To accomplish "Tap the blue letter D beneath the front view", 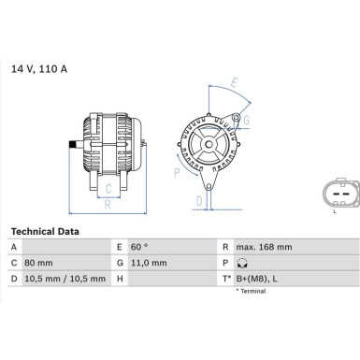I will pos(199,200).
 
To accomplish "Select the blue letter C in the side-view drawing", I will pos(109,186).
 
